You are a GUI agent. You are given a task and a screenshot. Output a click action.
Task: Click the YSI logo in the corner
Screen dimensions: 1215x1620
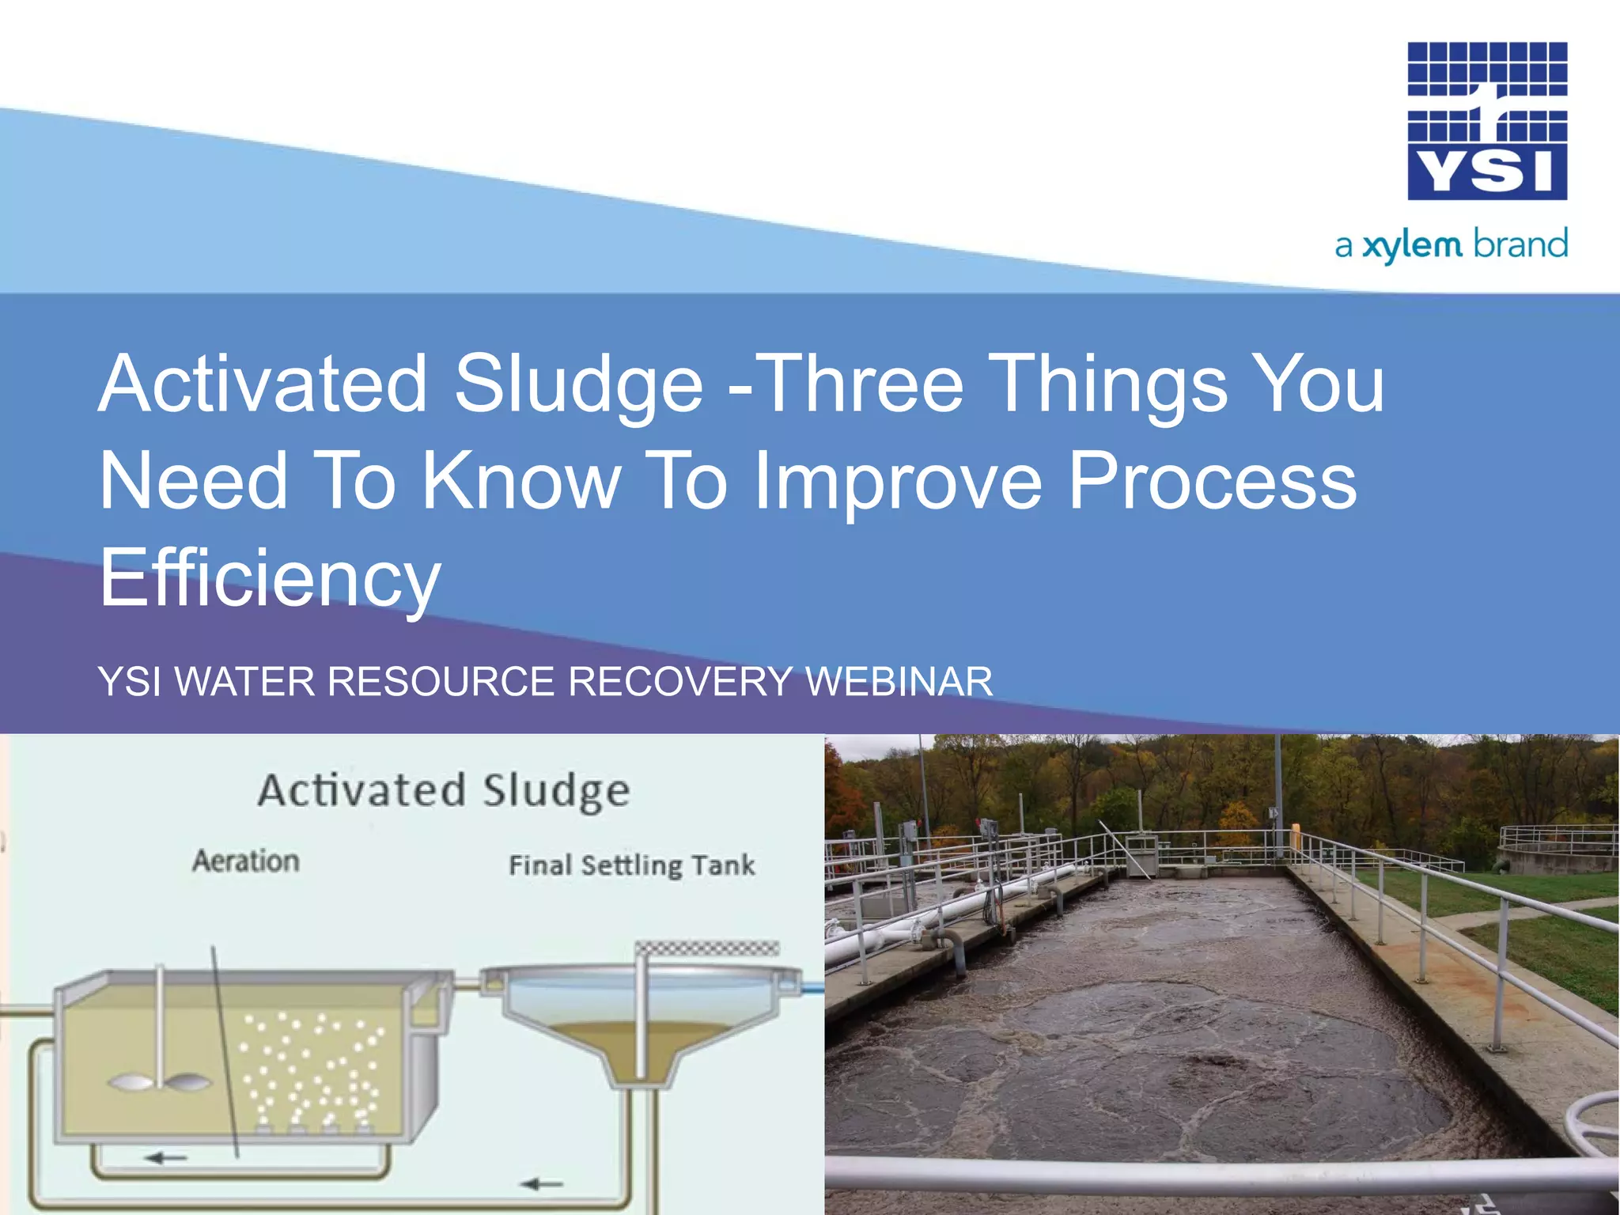tap(1487, 120)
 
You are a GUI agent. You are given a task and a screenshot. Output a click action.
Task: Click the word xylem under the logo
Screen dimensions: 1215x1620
tap(1413, 245)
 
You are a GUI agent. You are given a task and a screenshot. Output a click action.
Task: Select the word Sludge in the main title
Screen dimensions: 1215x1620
tap(578, 385)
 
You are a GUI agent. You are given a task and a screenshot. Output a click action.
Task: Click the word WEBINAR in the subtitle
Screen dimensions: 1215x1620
tap(899, 682)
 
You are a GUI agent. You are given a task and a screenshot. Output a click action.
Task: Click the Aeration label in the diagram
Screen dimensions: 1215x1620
tap(246, 861)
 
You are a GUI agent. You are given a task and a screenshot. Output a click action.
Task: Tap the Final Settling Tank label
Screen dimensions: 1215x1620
tap(631, 865)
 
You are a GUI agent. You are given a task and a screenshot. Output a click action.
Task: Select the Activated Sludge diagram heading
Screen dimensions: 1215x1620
tap(444, 791)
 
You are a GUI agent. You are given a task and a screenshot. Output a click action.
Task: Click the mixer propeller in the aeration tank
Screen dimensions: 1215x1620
tap(161, 1082)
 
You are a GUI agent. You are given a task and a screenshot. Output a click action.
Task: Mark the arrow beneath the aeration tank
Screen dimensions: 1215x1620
tap(166, 1158)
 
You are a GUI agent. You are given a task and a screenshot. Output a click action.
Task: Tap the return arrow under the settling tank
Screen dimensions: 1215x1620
tap(543, 1184)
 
